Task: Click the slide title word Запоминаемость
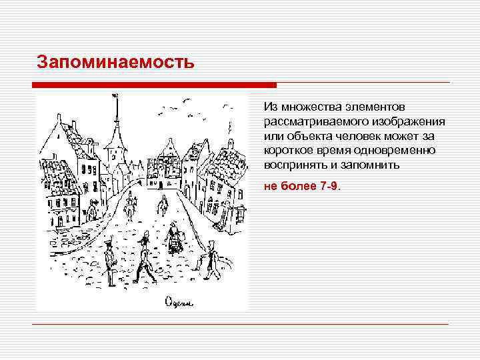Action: click(115, 63)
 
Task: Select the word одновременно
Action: click(394, 150)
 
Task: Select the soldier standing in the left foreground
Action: click(109, 259)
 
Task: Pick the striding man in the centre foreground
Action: click(145, 263)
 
